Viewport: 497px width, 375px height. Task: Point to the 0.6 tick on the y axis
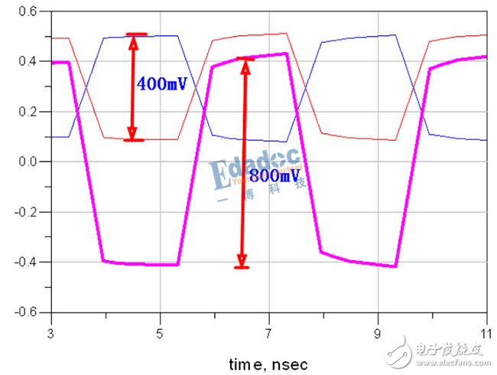point(28,11)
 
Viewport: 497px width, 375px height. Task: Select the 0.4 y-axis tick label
point(28,62)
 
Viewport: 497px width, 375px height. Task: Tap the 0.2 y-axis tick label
point(28,112)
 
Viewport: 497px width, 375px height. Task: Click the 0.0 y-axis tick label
point(28,162)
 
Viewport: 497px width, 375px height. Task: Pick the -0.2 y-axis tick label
point(25,212)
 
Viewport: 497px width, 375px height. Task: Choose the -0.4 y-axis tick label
point(25,262)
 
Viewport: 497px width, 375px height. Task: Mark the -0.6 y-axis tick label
point(25,312)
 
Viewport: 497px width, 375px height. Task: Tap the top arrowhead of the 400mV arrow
point(133,41)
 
